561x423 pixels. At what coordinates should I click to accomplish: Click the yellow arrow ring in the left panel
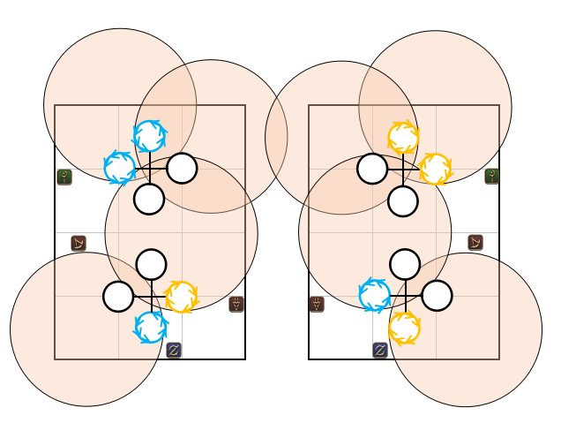tap(181, 297)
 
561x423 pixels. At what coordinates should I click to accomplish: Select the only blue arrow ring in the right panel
tap(374, 295)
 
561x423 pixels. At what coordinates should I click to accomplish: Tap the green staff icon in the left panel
tap(64, 177)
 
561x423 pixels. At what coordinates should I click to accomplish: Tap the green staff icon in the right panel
tap(492, 177)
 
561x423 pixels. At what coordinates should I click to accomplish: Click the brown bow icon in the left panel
tap(79, 243)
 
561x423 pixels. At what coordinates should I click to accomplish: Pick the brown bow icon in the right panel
tap(475, 242)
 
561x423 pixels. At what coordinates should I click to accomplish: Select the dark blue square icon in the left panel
tap(174, 350)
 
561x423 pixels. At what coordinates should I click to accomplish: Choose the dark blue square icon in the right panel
tap(380, 350)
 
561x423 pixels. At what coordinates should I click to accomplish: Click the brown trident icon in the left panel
tap(236, 305)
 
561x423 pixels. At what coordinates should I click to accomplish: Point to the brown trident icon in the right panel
tap(317, 305)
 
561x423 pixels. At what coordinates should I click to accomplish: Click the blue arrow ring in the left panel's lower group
tap(150, 328)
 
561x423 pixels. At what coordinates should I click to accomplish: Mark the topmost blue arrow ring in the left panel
tap(150, 136)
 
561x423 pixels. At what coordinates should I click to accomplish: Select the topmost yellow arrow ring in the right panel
tap(403, 137)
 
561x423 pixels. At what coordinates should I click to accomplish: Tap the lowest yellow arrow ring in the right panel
tap(404, 328)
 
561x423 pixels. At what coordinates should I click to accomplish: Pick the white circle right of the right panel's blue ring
tap(436, 295)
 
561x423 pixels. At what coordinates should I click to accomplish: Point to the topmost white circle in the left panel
tap(182, 168)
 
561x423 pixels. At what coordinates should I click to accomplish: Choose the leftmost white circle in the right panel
tap(371, 168)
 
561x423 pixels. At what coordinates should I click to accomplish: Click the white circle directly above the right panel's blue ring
tap(404, 264)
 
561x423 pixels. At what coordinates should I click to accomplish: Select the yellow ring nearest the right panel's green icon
tap(435, 169)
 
